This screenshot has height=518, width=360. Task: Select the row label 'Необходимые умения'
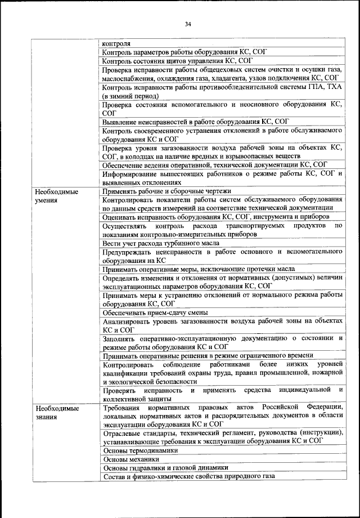pos(56,195)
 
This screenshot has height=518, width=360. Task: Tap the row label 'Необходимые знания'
pos(56,412)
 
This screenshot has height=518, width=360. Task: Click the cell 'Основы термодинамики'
pos(140,450)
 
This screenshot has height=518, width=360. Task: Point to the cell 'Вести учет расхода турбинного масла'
pos(160,243)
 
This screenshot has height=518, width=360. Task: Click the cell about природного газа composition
pos(188,477)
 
